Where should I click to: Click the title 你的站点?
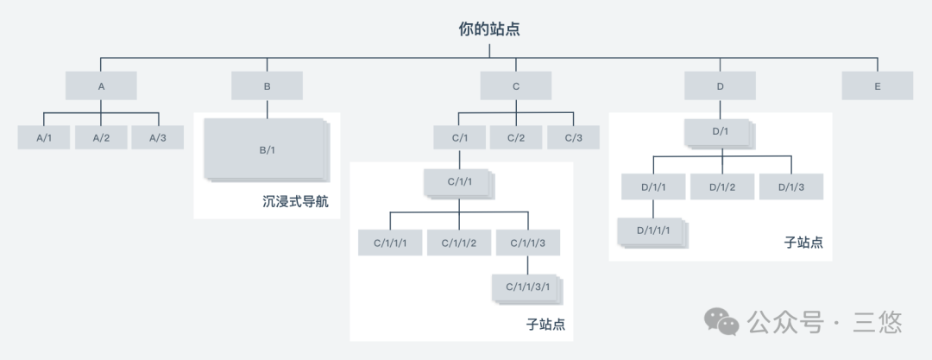[489, 29]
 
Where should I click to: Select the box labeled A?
[101, 85]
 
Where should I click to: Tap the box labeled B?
[267, 85]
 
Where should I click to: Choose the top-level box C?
[516, 85]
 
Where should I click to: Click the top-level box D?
[720, 85]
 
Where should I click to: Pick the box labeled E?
[877, 85]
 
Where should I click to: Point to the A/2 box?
[101, 137]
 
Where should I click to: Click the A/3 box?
[157, 137]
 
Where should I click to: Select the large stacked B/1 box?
[266, 149]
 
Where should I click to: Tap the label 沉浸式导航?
[296, 203]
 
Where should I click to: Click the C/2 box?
[516, 137]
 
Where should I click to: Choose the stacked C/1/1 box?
[458, 182]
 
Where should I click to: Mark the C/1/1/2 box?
[458, 243]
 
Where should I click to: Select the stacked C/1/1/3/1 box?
[526, 287]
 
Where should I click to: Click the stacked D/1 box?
[720, 132]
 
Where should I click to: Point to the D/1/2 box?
[721, 186]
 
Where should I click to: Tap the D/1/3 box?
[790, 186]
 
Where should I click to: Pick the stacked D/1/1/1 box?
[652, 231]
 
